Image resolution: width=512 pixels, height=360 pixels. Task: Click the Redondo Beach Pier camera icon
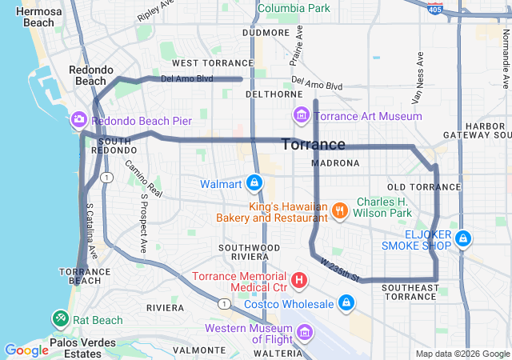(78, 120)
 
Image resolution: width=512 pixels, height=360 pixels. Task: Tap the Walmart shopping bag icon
(254, 184)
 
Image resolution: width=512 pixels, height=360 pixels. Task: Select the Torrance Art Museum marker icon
(301, 116)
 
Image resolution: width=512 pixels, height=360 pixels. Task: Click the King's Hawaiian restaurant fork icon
(340, 210)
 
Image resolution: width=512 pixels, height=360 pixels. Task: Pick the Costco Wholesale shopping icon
(346, 304)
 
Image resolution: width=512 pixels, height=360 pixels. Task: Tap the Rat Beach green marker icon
(61, 319)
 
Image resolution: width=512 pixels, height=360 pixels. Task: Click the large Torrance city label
(314, 145)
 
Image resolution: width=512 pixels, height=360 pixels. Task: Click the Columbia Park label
(294, 8)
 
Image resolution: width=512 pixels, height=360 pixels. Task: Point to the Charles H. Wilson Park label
(383, 207)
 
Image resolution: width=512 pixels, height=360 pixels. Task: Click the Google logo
(26, 350)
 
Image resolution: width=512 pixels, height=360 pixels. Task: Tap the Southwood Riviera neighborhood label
(250, 254)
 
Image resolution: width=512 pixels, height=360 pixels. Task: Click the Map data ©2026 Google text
(462, 354)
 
